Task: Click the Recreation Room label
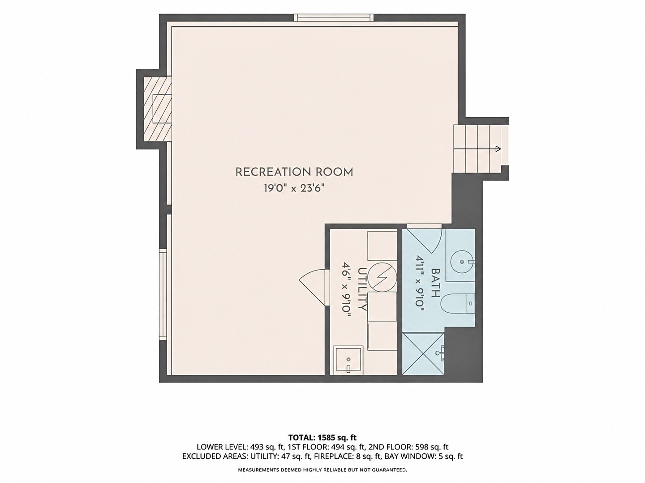pos(294,172)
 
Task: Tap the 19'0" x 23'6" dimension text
pos(294,188)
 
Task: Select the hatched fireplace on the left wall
pos(158,109)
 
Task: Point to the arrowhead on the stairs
pos(498,148)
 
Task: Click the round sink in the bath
pos(462,261)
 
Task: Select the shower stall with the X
pos(423,353)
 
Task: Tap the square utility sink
pos(348,360)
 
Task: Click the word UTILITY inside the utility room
pos(362,289)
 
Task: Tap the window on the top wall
pos(334,17)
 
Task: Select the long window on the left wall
pos(163,294)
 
